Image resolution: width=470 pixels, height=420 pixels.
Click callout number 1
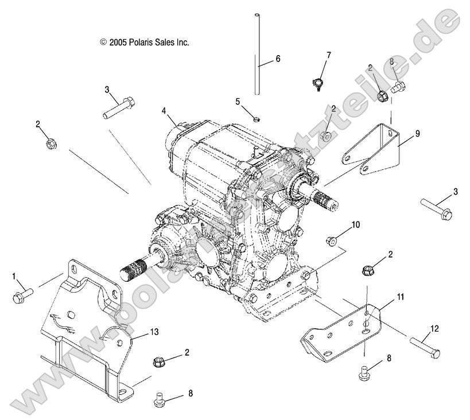click(13, 277)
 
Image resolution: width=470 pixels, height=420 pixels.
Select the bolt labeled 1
click(22, 295)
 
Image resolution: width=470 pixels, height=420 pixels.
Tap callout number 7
click(328, 55)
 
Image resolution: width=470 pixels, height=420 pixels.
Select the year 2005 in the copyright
click(118, 42)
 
